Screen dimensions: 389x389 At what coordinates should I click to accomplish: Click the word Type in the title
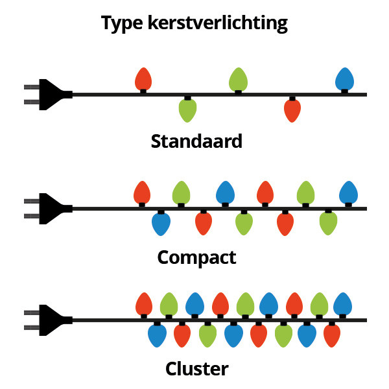point(122,23)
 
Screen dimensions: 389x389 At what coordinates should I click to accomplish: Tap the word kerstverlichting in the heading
point(218,23)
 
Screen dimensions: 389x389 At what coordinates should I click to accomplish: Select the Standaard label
point(196,141)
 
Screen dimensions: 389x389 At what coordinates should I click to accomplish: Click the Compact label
point(196,258)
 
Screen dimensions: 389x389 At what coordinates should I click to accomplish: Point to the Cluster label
point(196,369)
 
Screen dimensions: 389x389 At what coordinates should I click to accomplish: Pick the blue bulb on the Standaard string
point(344,79)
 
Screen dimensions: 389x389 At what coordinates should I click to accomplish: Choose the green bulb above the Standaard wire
point(238,79)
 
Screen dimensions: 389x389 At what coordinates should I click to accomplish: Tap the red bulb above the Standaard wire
point(143,79)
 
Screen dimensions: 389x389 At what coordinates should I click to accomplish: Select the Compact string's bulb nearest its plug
point(142,193)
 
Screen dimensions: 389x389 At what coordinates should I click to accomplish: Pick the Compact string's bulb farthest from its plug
point(348,193)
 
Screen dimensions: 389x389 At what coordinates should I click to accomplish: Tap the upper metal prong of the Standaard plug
point(32,87)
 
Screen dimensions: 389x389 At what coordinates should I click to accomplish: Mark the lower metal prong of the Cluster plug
point(32,327)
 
